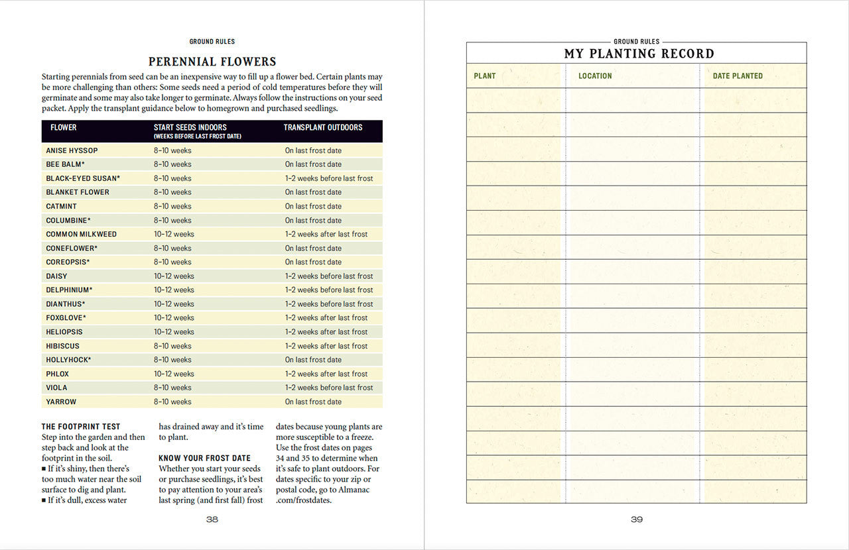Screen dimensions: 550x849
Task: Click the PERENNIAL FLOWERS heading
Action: pyautogui.click(x=212, y=62)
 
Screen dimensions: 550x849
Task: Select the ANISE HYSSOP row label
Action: pyautogui.click(x=72, y=150)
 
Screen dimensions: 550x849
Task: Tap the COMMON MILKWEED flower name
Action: pyautogui.click(x=81, y=234)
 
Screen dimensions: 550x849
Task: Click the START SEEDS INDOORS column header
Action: pyautogui.click(x=190, y=127)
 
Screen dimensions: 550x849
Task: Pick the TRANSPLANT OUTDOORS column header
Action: pyautogui.click(x=323, y=127)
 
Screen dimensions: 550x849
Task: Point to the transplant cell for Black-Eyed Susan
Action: pyautogui.click(x=329, y=178)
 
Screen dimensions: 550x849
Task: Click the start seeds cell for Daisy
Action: pyautogui.click(x=174, y=276)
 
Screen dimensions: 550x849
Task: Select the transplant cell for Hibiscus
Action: pyautogui.click(x=326, y=346)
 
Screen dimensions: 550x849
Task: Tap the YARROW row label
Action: pyautogui.click(x=61, y=402)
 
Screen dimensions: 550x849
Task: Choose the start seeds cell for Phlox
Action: pyautogui.click(x=174, y=374)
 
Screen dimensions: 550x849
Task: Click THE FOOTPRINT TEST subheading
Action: pyautogui.click(x=81, y=427)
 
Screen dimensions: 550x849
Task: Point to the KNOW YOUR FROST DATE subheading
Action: pyautogui.click(x=204, y=458)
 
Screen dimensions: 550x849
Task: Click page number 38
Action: pyautogui.click(x=212, y=520)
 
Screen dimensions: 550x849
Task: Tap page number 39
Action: pyautogui.click(x=637, y=520)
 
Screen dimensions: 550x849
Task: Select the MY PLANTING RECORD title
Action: pyautogui.click(x=639, y=54)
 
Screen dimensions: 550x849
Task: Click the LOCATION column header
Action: pyautogui.click(x=595, y=76)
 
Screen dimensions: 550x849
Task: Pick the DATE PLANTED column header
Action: pyautogui.click(x=738, y=76)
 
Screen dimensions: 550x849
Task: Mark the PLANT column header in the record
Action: pyautogui.click(x=485, y=76)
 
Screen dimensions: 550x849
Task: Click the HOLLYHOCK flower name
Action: pyautogui.click(x=68, y=360)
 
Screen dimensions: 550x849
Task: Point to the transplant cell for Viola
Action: pyautogui.click(x=329, y=388)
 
